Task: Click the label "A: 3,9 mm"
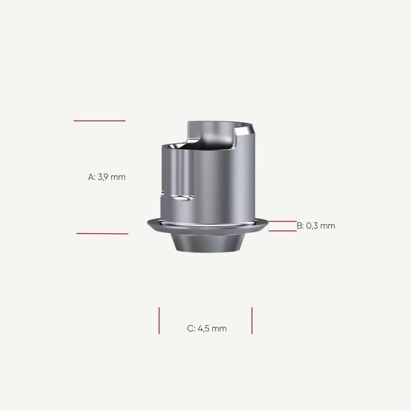tap(107, 177)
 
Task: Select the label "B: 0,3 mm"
tap(316, 226)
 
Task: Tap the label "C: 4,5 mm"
tap(207, 329)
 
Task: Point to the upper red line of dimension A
tap(99, 121)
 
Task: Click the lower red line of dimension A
tap(102, 234)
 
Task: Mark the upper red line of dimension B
tap(282, 221)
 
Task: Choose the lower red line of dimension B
tap(282, 231)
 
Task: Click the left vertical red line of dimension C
tap(159, 321)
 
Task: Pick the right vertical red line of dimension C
tap(252, 321)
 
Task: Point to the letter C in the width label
tap(190, 329)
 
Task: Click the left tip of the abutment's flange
tap(148, 223)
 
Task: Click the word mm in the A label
tap(118, 177)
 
